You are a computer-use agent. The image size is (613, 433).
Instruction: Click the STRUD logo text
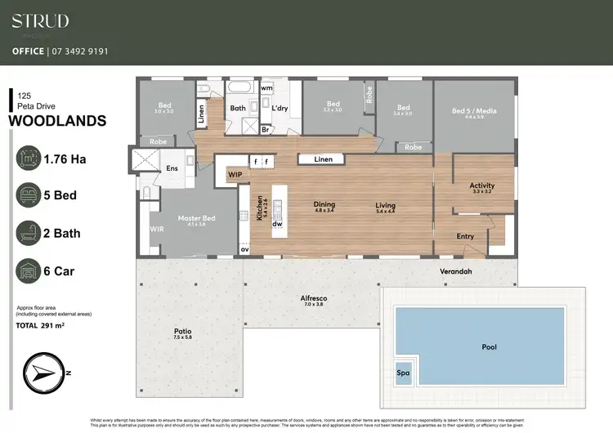pyautogui.click(x=40, y=21)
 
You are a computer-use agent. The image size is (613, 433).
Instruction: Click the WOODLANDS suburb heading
pyautogui.click(x=57, y=121)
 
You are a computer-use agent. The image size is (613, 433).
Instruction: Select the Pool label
pyautogui.click(x=489, y=347)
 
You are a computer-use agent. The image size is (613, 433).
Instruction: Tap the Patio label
pyautogui.click(x=182, y=332)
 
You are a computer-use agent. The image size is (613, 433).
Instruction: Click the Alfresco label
pyautogui.click(x=314, y=300)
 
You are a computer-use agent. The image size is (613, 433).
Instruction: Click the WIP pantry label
pyautogui.click(x=235, y=174)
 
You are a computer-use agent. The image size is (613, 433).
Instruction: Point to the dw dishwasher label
pyautogui.click(x=278, y=223)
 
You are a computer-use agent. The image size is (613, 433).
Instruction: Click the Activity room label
pyautogui.click(x=481, y=186)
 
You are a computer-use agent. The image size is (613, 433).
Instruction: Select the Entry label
pyautogui.click(x=465, y=236)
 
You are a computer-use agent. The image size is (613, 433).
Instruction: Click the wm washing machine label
pyautogui.click(x=266, y=87)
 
